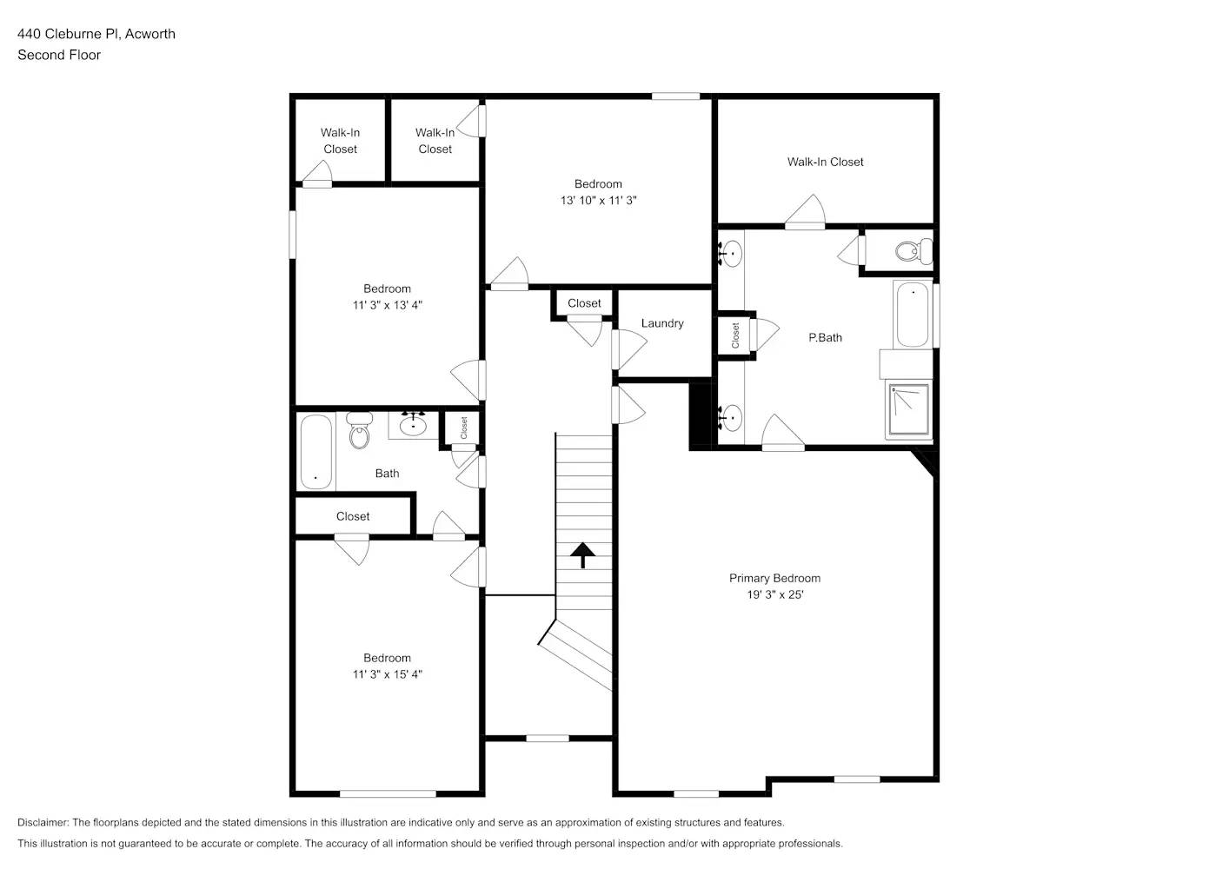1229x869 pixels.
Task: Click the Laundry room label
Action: pos(662,323)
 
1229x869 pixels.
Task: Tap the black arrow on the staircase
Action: pos(582,554)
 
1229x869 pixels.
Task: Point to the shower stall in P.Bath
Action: pos(908,410)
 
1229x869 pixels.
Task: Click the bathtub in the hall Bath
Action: pos(316,452)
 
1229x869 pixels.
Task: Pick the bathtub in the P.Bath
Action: pos(913,314)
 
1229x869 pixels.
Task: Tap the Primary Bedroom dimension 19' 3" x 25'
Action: pos(774,595)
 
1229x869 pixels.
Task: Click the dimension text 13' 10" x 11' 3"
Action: pos(598,201)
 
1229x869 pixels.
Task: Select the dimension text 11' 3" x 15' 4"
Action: pos(387,674)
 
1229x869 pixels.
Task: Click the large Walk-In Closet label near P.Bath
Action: pos(825,162)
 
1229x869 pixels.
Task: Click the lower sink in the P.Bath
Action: pos(731,416)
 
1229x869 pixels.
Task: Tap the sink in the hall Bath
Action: pos(412,425)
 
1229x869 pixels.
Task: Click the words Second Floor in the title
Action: pos(59,55)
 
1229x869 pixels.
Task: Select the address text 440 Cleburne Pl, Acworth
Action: pos(96,34)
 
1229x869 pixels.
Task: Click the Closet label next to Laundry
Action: pos(584,303)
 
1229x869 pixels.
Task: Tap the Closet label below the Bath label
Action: pos(353,516)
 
